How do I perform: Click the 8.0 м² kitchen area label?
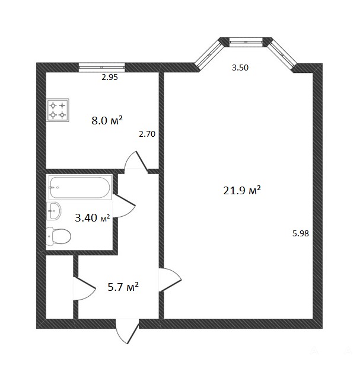[x=107, y=120]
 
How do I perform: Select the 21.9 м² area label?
[x=242, y=190]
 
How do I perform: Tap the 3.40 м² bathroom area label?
[x=93, y=218]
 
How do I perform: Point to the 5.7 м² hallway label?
[x=123, y=287]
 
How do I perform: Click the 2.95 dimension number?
[x=110, y=77]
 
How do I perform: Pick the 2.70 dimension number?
[x=147, y=134]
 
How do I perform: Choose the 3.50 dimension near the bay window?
[x=240, y=68]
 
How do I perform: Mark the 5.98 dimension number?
[x=301, y=233]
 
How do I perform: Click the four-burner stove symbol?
[x=58, y=110]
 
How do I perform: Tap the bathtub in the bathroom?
[x=80, y=187]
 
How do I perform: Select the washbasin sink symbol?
[x=54, y=211]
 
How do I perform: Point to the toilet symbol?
[x=59, y=236]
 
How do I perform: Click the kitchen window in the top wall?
[x=101, y=67]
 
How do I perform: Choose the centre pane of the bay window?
[x=246, y=42]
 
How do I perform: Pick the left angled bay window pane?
[x=209, y=54]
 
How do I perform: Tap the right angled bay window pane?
[x=282, y=54]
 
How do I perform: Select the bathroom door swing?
[x=124, y=206]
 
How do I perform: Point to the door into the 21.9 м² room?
[x=170, y=280]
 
